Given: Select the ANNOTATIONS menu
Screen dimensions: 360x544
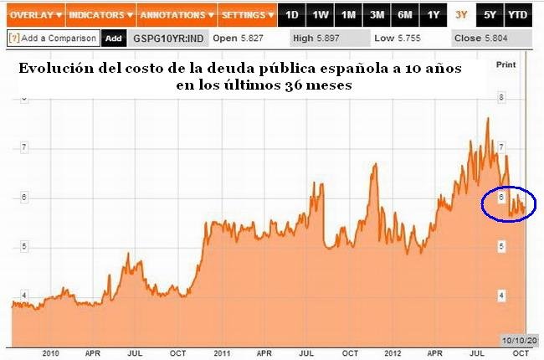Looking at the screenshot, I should coord(175,15).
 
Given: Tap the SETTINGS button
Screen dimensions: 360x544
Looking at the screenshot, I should coord(247,15).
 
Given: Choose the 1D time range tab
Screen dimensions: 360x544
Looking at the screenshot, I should coord(291,15).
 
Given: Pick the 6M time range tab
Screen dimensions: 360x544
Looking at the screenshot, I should coord(404,15).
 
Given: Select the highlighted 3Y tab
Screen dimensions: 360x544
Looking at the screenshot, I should coord(461,15).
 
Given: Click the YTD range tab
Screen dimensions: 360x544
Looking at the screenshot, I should coord(518,15).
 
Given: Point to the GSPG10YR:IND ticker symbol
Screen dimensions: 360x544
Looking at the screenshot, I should coord(169,38).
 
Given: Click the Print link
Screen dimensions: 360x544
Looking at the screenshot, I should coord(506,64).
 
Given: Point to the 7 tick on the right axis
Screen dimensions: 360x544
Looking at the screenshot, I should coord(500,147).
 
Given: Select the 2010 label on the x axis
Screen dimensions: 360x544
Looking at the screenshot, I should coord(51,353).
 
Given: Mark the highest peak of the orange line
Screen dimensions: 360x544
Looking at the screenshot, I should coord(488,118).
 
